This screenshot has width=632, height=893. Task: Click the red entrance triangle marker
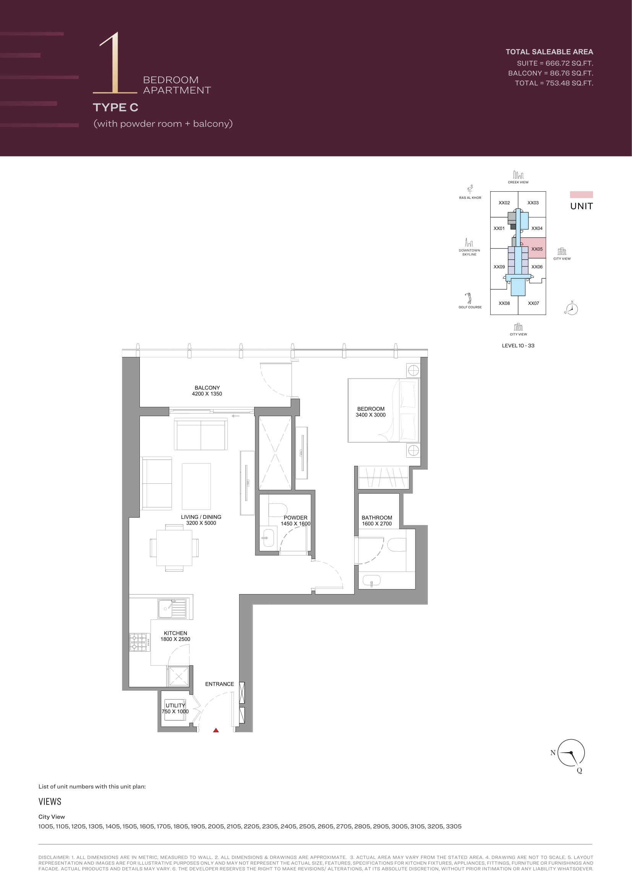pyautogui.click(x=216, y=730)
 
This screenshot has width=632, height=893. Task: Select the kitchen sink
pyautogui.click(x=172, y=609)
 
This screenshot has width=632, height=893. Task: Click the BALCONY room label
pyautogui.click(x=207, y=388)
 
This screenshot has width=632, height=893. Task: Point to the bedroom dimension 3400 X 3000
pyautogui.click(x=371, y=415)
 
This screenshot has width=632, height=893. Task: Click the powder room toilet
pyautogui.click(x=278, y=509)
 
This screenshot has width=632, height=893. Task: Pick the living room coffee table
pyautogui.click(x=196, y=486)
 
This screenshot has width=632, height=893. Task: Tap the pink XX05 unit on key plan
pyautogui.click(x=537, y=248)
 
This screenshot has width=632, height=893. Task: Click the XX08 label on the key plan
pyautogui.click(x=504, y=304)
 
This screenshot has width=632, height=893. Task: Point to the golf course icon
pyautogui.click(x=469, y=298)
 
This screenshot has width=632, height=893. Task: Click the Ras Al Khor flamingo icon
pyautogui.click(x=470, y=189)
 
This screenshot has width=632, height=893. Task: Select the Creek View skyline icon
pyautogui.click(x=518, y=174)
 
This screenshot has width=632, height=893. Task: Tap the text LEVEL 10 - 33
pyautogui.click(x=518, y=346)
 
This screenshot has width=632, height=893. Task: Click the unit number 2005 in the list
pyautogui.click(x=216, y=827)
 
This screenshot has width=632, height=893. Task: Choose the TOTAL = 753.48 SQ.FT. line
pyautogui.click(x=554, y=83)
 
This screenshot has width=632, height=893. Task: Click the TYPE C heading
pyautogui.click(x=115, y=108)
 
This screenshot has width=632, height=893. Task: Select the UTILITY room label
pyautogui.click(x=175, y=706)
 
